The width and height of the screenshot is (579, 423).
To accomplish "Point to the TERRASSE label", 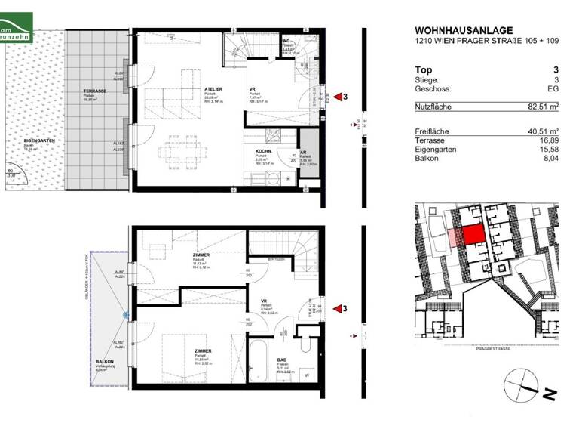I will pos(94,91).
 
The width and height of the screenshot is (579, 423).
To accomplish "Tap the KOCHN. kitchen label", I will pos(264,152).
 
